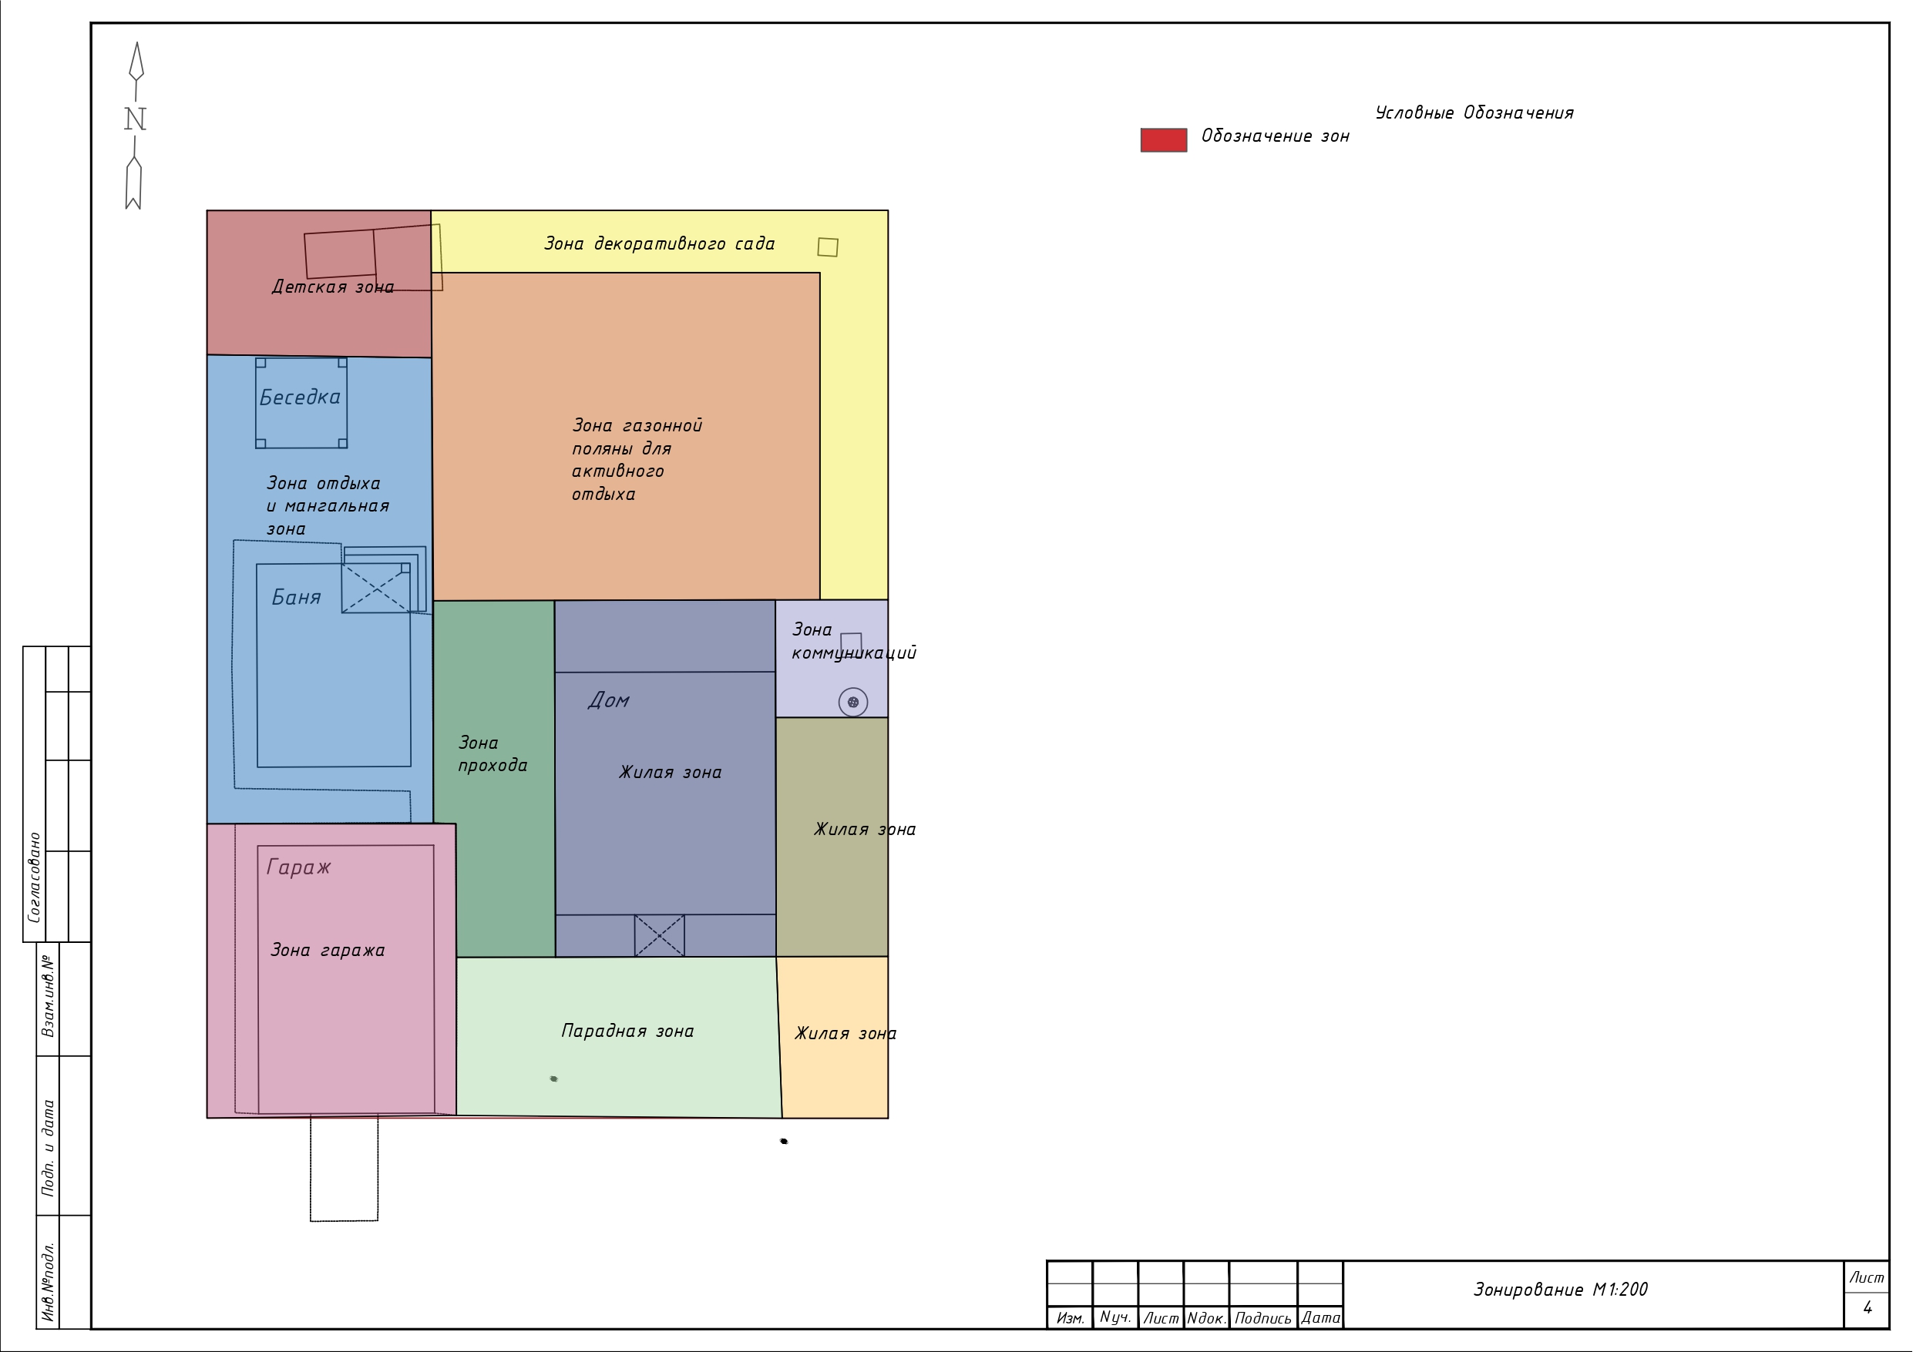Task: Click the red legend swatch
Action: (1163, 140)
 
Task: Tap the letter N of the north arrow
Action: (135, 119)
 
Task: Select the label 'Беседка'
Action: (300, 398)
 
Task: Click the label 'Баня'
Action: (297, 597)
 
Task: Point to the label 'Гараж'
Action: (298, 867)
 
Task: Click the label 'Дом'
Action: (608, 699)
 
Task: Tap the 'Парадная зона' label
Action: (627, 1032)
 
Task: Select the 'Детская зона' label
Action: (333, 287)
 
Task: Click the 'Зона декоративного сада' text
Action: (659, 244)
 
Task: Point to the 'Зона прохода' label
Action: (493, 754)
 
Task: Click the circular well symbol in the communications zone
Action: (852, 703)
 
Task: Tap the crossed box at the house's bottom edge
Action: (659, 935)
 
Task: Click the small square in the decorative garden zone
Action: (827, 247)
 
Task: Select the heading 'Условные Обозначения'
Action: (1474, 113)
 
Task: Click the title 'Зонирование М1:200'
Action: (1561, 1290)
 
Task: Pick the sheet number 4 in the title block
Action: (1868, 1308)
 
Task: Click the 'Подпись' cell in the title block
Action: (1263, 1319)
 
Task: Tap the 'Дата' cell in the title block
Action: (1320, 1318)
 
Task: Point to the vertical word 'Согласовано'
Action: (34, 877)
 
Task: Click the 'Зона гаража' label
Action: (328, 951)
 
